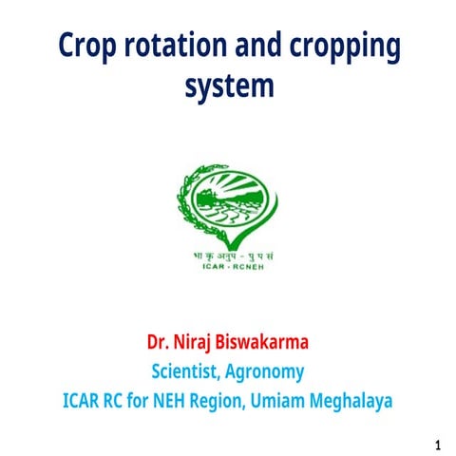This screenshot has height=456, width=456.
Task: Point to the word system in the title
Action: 228,86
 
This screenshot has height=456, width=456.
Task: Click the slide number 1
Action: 437,444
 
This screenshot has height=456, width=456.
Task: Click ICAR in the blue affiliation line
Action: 82,400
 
